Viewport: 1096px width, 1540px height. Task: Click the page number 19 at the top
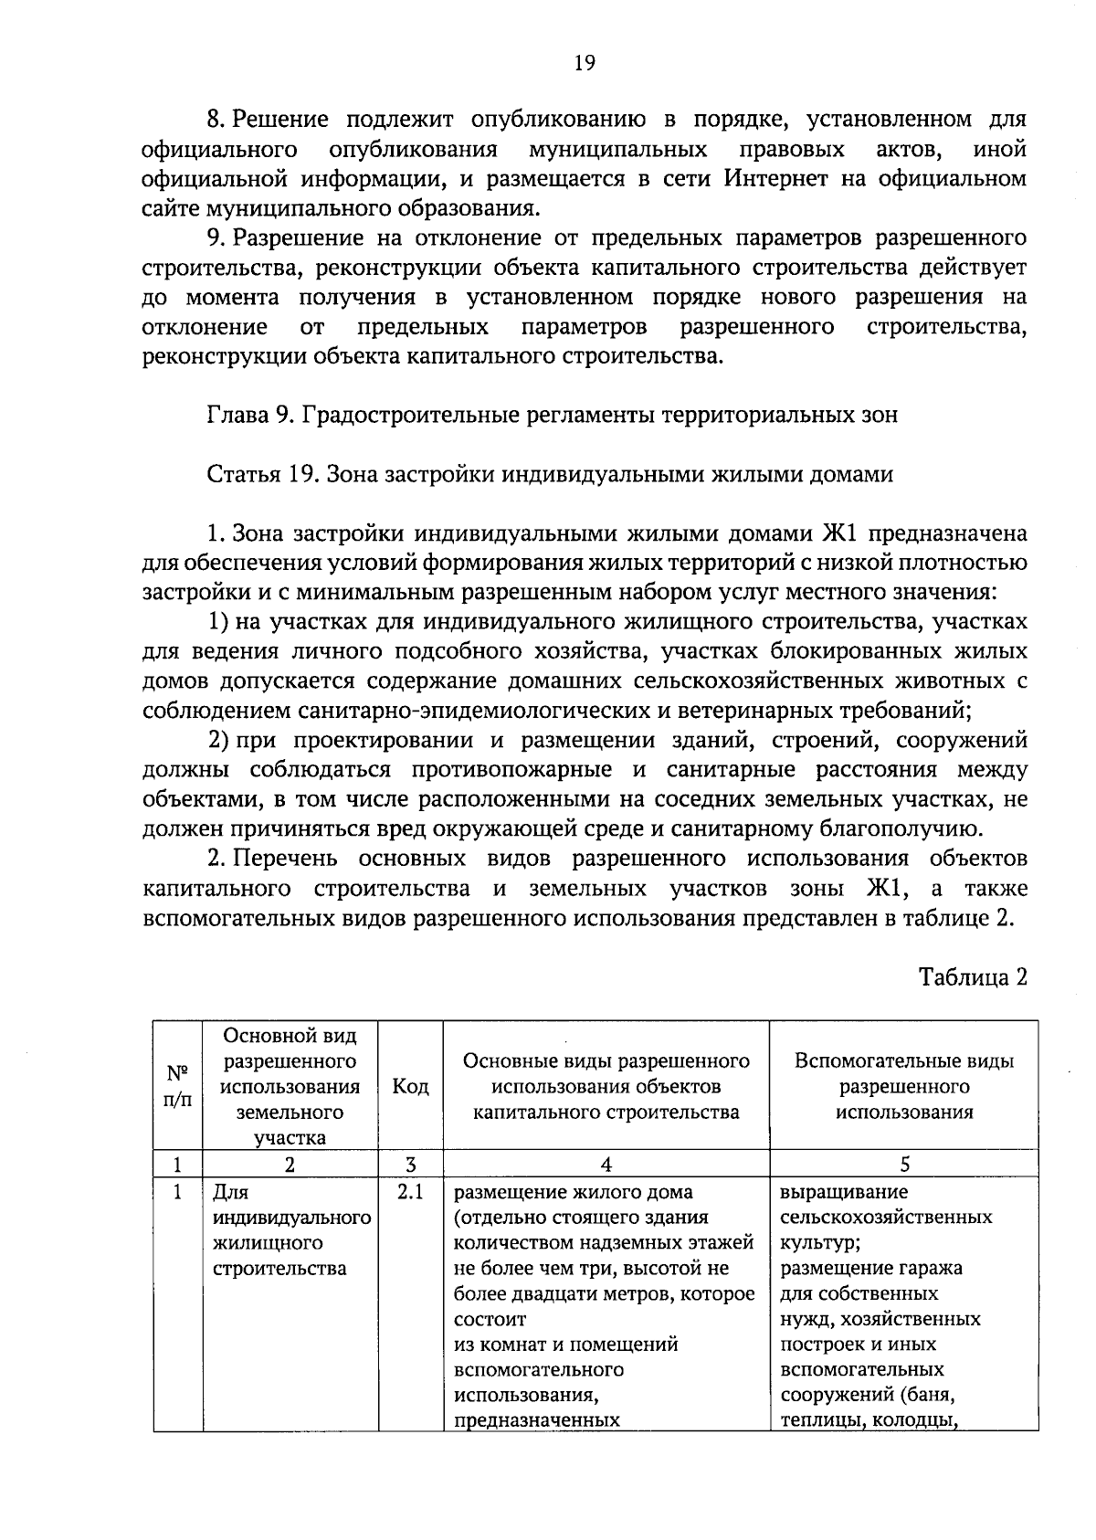(585, 62)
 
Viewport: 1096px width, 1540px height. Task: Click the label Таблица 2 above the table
(973, 976)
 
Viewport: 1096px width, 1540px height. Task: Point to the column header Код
(410, 1086)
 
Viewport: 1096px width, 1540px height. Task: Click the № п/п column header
(177, 1086)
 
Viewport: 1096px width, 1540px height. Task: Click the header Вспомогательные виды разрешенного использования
(904, 1086)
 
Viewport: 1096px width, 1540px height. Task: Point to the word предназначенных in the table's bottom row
(537, 1420)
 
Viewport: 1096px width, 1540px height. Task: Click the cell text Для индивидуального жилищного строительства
(290, 1230)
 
